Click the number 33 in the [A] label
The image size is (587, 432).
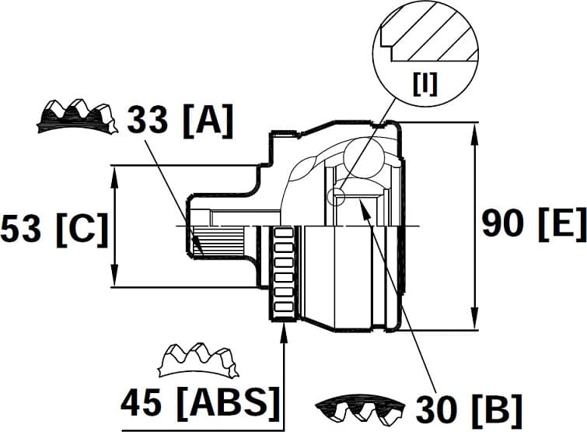coord(148,121)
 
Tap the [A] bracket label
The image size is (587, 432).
coord(206,121)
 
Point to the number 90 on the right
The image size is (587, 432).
coord(504,223)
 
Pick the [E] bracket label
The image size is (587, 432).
coord(561,223)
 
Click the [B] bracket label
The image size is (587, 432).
coord(497,407)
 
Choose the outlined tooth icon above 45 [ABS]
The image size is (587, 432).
coord(197,359)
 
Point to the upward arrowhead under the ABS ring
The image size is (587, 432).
coord(285,332)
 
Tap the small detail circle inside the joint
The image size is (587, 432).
coord(336,196)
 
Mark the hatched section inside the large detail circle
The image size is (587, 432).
coord(432,35)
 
